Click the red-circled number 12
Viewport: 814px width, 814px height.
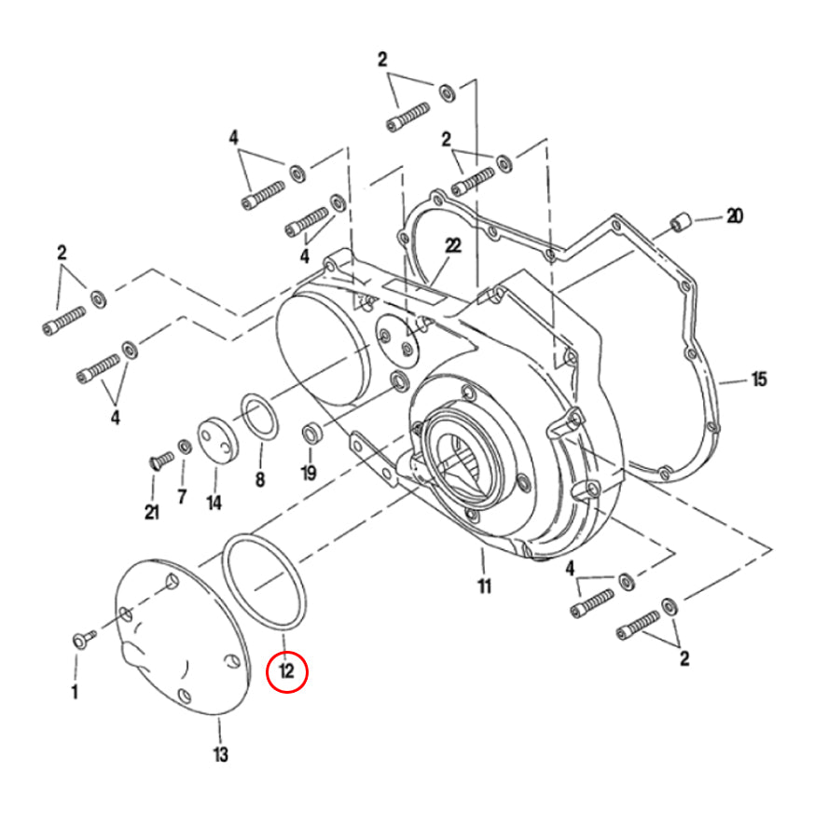tap(286, 670)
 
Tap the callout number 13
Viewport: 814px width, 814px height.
tap(220, 753)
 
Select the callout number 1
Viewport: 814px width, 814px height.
tap(75, 692)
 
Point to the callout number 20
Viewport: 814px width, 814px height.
tap(735, 217)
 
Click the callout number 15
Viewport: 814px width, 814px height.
tap(759, 379)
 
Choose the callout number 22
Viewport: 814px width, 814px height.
tap(453, 246)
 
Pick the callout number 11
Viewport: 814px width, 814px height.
tap(484, 586)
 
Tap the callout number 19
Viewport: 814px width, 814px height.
tap(309, 473)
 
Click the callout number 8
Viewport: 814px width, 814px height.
tap(260, 480)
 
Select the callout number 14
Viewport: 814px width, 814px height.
tap(214, 503)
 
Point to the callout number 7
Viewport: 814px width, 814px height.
tap(182, 496)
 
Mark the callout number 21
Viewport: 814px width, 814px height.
tap(151, 512)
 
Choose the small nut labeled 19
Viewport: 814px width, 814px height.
tap(310, 434)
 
